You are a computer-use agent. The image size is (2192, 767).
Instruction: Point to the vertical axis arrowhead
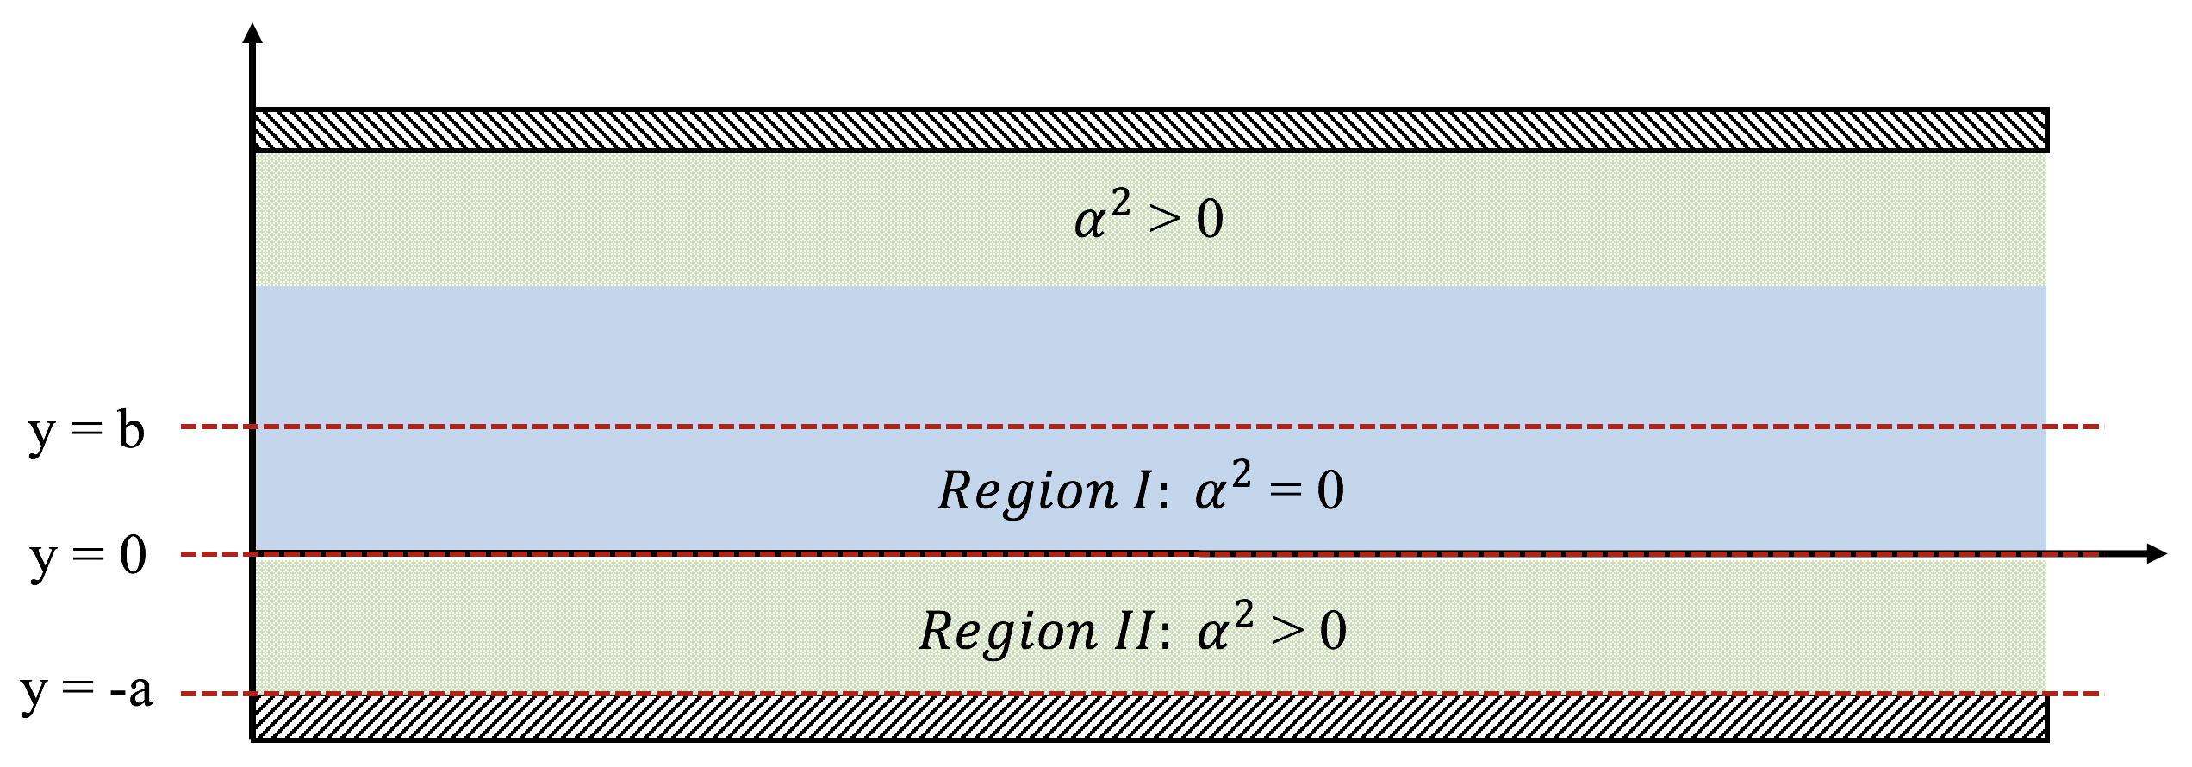tap(252, 34)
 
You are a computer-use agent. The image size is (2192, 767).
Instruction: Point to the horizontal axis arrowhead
tap(2154, 553)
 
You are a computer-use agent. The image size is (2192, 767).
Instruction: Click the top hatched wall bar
tap(1149, 130)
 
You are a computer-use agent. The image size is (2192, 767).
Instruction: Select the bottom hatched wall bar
tap(1149, 717)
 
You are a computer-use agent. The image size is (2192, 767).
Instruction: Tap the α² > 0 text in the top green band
tap(1149, 220)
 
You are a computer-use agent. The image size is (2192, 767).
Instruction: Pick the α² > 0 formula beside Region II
tap(1271, 632)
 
